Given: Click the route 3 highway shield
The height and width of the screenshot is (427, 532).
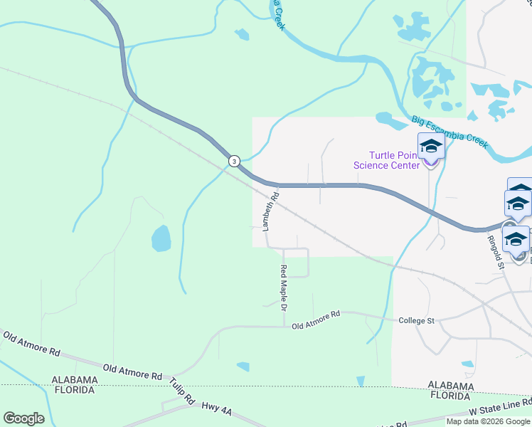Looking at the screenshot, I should (x=234, y=162).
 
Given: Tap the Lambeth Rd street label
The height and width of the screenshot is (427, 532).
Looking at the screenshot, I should (x=270, y=211).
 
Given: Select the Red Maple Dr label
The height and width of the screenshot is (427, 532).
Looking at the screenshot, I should (x=283, y=288).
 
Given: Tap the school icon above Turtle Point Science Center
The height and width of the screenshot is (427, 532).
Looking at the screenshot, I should (x=430, y=147).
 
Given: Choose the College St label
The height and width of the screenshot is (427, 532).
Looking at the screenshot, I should (x=416, y=321).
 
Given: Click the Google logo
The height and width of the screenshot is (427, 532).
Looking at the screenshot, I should (x=23, y=418).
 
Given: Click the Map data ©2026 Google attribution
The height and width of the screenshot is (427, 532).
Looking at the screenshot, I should (x=489, y=421).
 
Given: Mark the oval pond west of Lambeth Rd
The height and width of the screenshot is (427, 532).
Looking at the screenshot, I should (x=161, y=238).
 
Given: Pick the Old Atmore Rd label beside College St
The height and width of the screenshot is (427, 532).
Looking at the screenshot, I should (x=316, y=314).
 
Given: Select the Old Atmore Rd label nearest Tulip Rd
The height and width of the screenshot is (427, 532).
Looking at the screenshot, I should (x=133, y=371).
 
